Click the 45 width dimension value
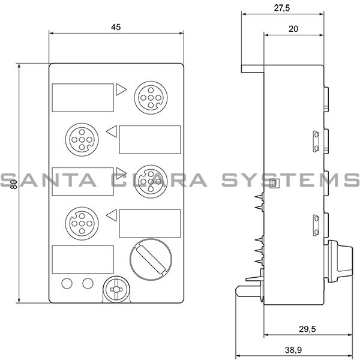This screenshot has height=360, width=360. click(116, 27)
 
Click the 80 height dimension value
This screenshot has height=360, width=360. click(14, 184)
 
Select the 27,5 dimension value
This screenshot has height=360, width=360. click(282, 8)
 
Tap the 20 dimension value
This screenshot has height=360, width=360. click(293, 29)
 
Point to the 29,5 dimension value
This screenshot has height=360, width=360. click(307, 329)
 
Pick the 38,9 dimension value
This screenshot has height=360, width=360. click(293, 350)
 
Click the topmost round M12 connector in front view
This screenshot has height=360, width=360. click(151, 98)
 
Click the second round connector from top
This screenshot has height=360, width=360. click(82, 140)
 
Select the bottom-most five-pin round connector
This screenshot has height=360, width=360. click(82, 223)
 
